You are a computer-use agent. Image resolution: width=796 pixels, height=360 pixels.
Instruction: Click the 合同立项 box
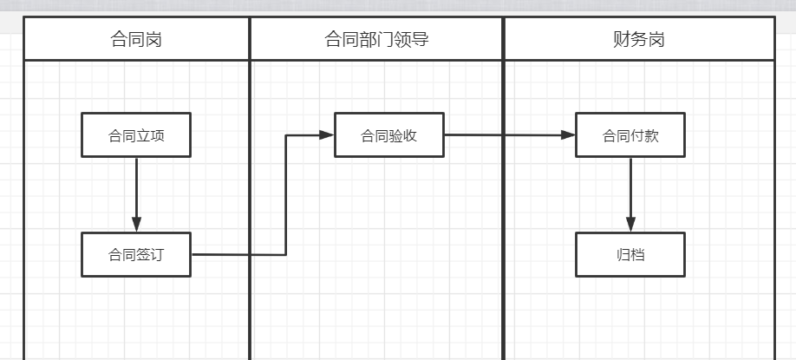136,135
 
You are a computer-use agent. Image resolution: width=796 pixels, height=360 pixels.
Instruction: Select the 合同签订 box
136,254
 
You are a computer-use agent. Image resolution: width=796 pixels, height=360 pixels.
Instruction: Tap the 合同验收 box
388,135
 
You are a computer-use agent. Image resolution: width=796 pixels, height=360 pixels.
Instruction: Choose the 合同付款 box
630,135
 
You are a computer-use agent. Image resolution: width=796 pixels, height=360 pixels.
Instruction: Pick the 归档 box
630,254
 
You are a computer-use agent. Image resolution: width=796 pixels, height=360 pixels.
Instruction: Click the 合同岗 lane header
136,38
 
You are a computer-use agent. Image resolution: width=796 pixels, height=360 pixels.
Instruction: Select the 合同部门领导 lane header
376,38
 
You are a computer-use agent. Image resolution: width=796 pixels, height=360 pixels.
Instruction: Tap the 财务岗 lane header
639,38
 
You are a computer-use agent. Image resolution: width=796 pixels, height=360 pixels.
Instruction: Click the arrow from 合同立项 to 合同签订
136,195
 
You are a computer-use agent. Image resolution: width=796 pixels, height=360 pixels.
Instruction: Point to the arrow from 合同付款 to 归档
630,195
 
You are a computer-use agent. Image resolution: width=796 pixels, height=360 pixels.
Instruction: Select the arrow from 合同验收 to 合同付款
510,135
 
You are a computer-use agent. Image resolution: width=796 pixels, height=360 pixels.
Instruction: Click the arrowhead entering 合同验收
326,135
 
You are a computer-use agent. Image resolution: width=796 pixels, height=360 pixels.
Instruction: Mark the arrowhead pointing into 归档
630,225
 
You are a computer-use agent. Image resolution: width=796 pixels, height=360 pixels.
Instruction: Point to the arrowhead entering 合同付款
568,135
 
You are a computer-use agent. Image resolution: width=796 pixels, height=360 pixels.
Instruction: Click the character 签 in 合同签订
143,254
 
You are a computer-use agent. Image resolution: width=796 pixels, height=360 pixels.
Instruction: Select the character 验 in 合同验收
396,135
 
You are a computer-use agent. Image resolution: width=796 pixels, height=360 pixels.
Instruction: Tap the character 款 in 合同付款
651,135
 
